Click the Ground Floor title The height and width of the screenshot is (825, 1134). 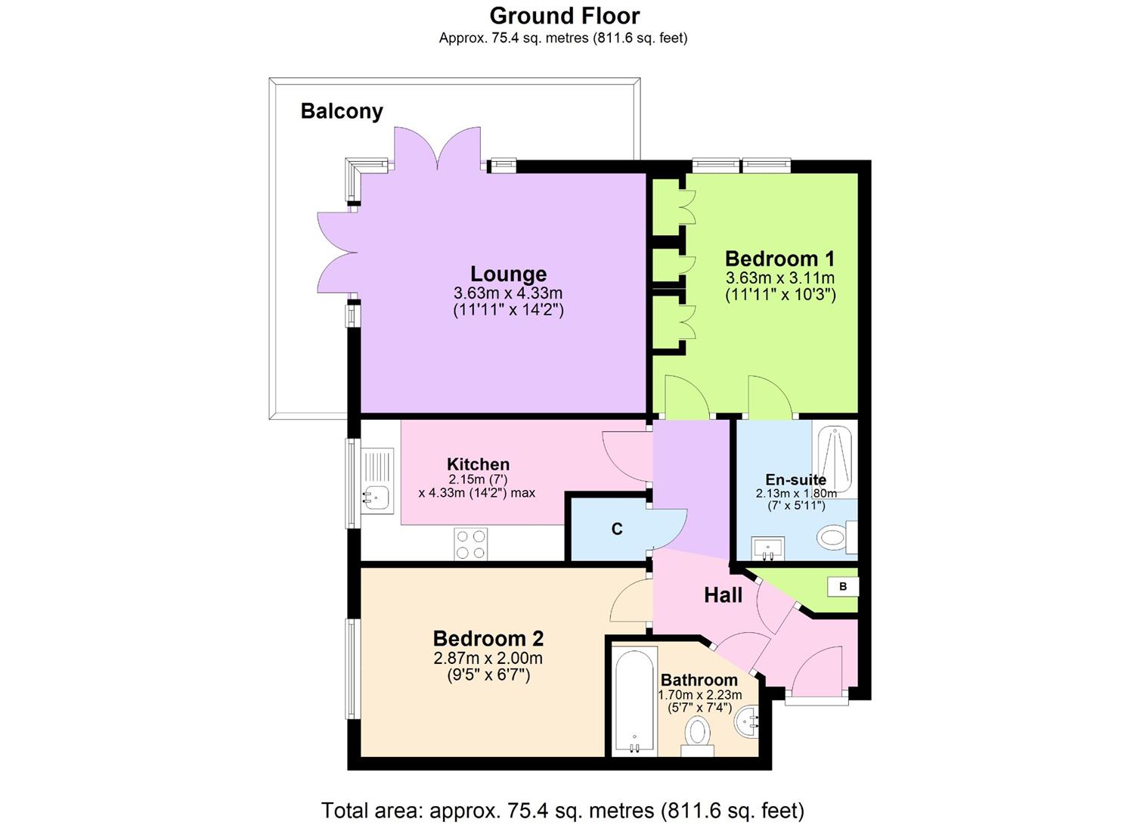(564, 16)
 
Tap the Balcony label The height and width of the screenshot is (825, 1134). (342, 111)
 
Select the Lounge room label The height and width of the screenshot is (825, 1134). (508, 274)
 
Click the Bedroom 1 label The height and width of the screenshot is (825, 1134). (779, 259)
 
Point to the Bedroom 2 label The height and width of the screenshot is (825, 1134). (488, 639)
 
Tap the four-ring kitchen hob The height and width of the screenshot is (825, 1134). (470, 544)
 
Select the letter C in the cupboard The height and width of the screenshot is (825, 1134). (617, 529)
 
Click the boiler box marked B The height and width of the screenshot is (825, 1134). (843, 586)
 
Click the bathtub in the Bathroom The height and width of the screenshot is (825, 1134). (634, 699)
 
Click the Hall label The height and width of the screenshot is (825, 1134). (723, 596)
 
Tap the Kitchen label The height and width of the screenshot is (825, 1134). (478, 464)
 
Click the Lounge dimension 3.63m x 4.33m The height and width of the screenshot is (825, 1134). (508, 293)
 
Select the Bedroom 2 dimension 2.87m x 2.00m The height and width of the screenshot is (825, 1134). (488, 659)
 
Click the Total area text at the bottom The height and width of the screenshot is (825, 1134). (562, 811)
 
